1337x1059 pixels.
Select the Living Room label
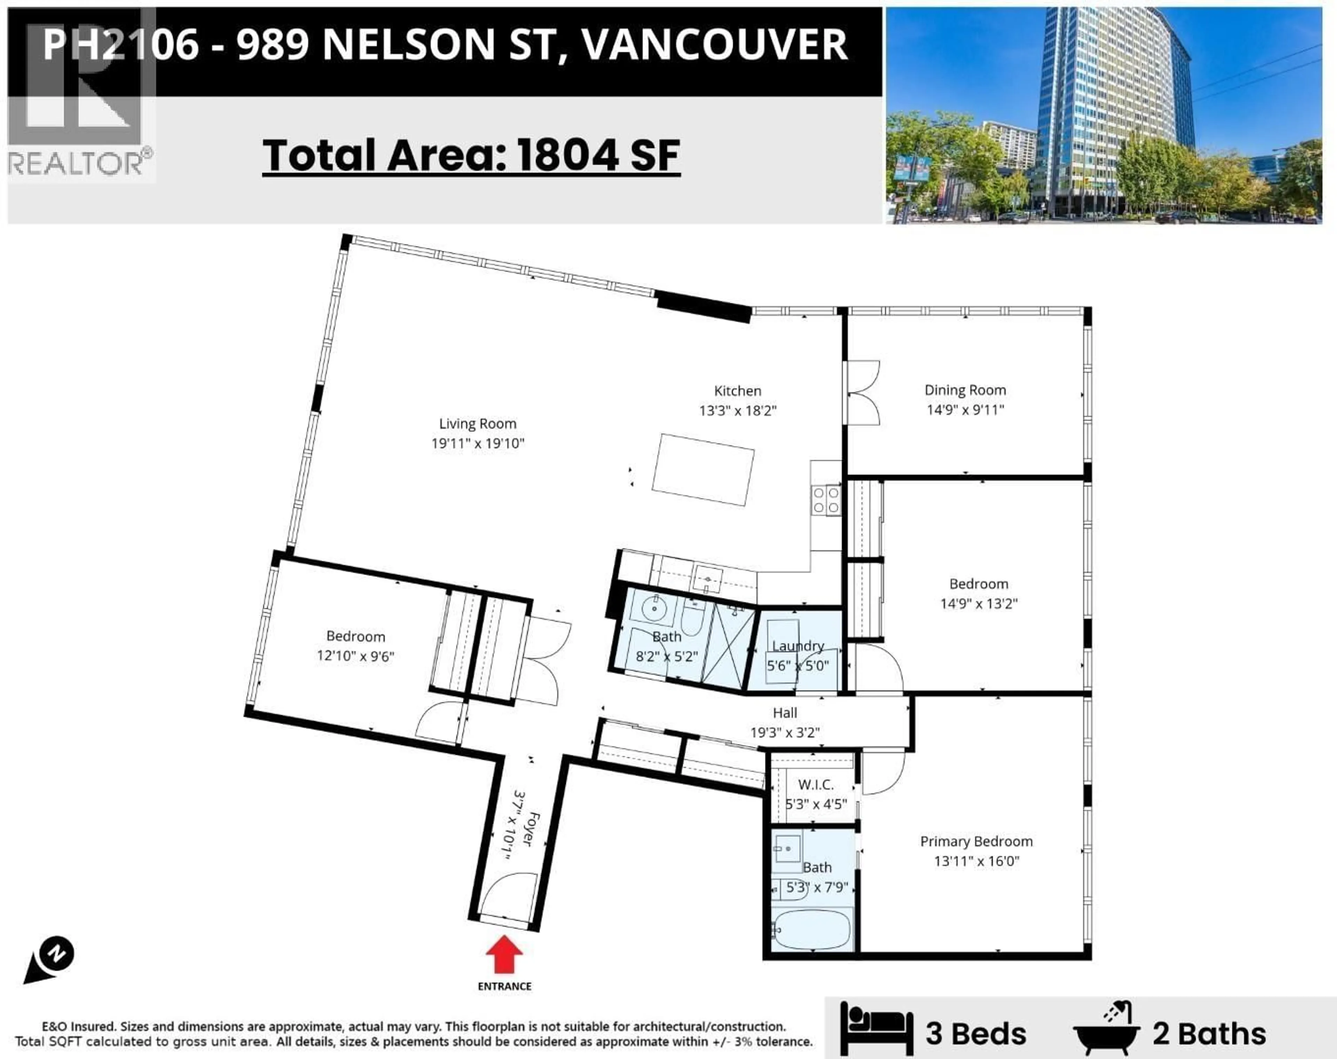[x=477, y=424]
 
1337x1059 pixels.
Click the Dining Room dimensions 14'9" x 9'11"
[x=965, y=410]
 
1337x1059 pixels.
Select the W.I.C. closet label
[x=815, y=784]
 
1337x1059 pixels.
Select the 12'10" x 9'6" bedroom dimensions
[x=355, y=656]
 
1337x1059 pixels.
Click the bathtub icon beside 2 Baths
[x=1106, y=1028]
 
